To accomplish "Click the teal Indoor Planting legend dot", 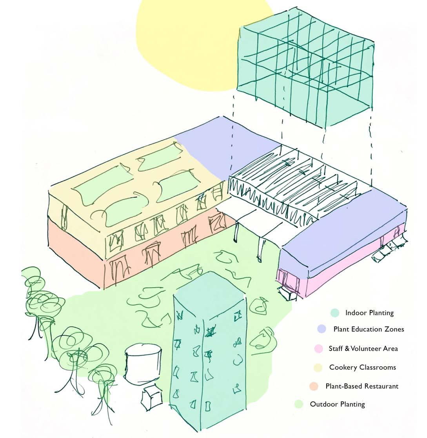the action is [x=334, y=313].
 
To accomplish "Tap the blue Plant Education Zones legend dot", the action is [x=322, y=329].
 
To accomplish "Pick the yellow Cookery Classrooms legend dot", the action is [x=318, y=367].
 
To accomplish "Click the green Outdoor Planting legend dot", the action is [x=299, y=404].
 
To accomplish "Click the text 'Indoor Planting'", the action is [x=369, y=313].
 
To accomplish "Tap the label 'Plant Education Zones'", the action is [x=369, y=329].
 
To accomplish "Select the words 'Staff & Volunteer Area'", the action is [x=363, y=348].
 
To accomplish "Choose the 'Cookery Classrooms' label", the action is [x=363, y=367].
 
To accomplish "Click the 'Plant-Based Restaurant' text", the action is [x=362, y=386].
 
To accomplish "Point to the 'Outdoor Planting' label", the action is [x=338, y=404].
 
